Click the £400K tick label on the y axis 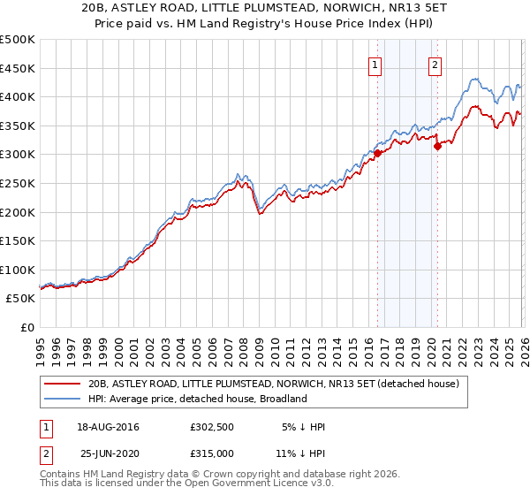click(18, 97)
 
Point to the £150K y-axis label click(18, 240)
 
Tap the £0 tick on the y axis click(27, 327)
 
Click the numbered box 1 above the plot click(375, 64)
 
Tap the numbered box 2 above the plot click(435, 64)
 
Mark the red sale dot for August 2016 click(377, 153)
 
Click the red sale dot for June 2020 click(437, 147)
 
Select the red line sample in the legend click(64, 385)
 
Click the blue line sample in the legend click(64, 399)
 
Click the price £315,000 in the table click(212, 452)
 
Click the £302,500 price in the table click(212, 427)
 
